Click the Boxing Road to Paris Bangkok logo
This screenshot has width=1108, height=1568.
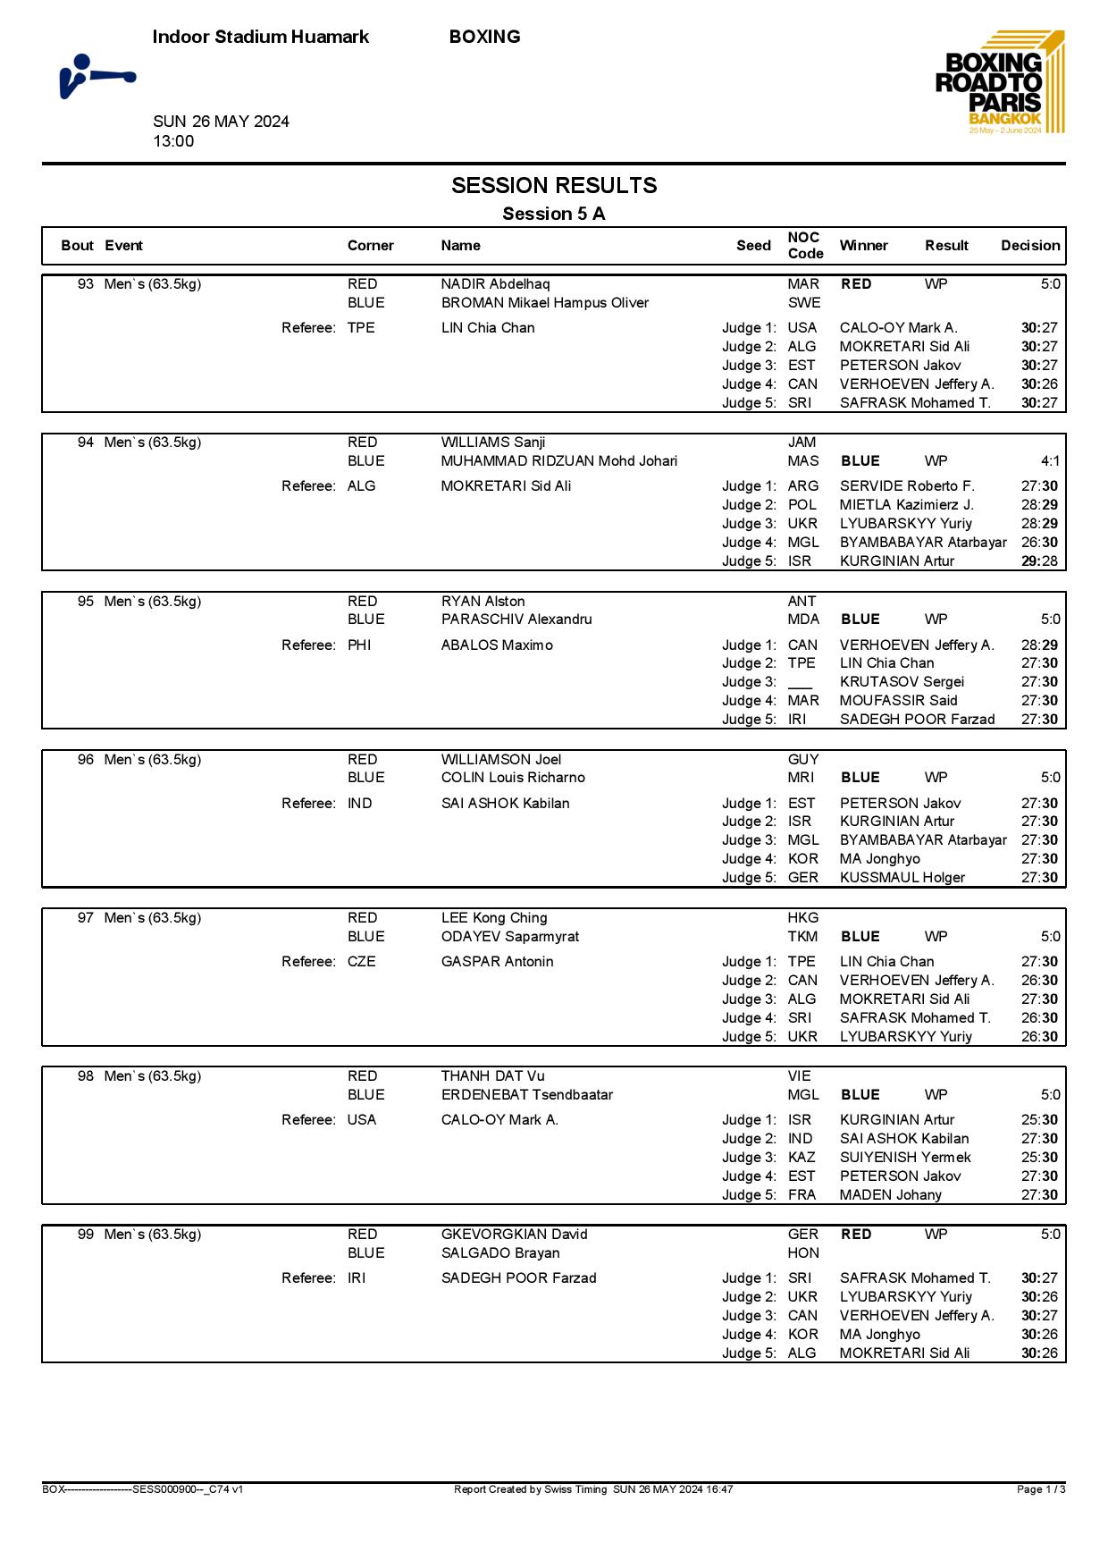pos(1000,83)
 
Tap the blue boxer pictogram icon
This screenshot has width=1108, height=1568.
pos(97,77)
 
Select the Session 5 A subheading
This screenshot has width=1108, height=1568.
pos(553,214)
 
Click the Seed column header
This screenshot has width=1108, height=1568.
pos(753,246)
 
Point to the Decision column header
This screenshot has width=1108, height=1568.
pos(1030,246)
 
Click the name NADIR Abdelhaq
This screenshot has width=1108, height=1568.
pos(495,284)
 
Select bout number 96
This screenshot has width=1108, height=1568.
pos(86,760)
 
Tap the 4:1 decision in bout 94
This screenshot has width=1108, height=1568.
pos(1050,461)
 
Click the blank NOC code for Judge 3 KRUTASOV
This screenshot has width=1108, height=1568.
pos(800,682)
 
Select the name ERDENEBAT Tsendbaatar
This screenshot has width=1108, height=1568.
pos(527,1095)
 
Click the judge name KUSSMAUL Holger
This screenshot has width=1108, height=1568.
pos(902,878)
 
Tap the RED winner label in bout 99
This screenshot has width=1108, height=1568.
pos(856,1235)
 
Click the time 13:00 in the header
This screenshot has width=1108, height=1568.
pos(173,141)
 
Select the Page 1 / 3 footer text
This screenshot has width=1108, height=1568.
pos(1041,1489)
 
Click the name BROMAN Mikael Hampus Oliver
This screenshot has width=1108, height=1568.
pos(544,303)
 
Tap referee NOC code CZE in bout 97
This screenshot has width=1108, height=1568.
pos(361,962)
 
